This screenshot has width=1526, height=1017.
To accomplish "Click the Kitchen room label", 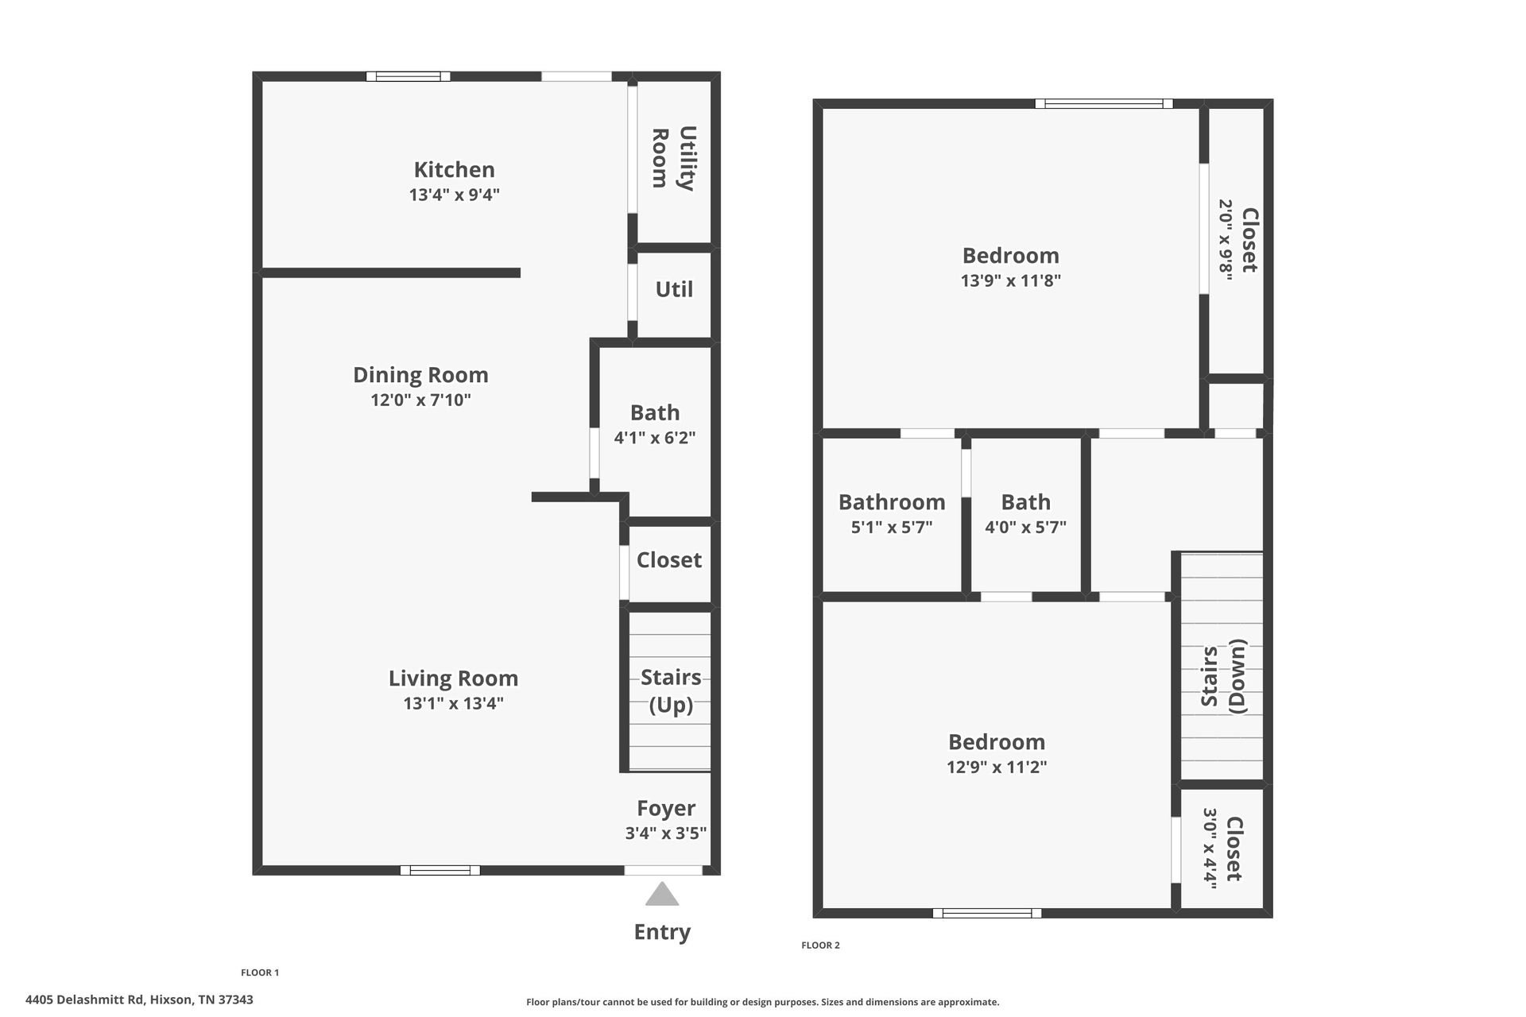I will point(454,169).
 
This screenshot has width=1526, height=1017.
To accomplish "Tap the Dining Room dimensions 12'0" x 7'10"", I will point(420,400).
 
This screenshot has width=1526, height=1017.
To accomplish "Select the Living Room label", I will point(453,678).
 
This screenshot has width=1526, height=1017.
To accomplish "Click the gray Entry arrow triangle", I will point(662,895).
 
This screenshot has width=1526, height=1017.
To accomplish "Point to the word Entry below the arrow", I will point(662,931).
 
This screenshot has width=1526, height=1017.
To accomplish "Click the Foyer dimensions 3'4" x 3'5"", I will point(665,833).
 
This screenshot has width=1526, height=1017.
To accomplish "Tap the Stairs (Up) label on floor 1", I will point(671,690).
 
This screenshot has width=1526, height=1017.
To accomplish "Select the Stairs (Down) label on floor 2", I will point(1223,675).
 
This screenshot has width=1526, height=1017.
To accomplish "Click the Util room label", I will point(674,289).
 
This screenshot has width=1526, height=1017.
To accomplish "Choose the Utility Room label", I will point(673,158).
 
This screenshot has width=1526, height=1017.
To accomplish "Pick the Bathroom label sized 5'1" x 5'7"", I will point(892,502).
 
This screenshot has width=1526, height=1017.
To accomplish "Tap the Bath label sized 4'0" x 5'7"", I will point(1025,502).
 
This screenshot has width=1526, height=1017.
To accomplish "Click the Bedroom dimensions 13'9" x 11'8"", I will point(1010,280).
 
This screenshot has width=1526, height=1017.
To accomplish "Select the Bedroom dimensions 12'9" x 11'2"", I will point(997,767).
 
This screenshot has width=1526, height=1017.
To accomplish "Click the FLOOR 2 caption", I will point(820,945).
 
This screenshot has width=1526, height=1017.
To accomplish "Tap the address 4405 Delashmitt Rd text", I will point(139,1000).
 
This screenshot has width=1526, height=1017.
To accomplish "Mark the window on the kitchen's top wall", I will point(408,76).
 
